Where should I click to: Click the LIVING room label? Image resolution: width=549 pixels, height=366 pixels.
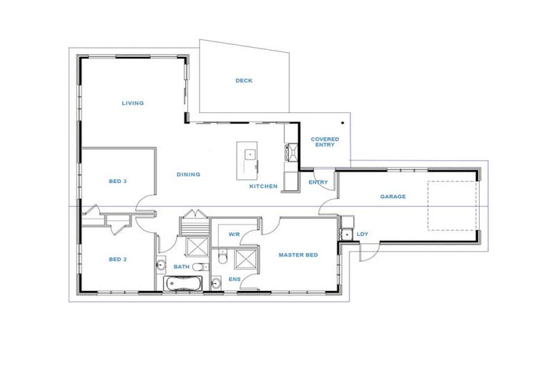(x=132, y=103)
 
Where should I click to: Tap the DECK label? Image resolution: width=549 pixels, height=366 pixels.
(x=244, y=81)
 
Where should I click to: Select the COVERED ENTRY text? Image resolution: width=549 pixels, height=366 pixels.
(x=325, y=142)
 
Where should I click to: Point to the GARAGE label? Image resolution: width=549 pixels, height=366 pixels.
(x=392, y=197)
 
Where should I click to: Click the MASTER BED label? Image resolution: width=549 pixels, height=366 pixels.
(x=297, y=255)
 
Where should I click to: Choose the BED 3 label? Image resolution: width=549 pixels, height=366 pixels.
(x=117, y=182)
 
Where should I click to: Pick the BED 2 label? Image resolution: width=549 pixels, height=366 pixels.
(x=117, y=259)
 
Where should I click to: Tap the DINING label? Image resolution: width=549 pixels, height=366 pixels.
(x=189, y=174)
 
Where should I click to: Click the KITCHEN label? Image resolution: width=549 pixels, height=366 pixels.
(x=263, y=187)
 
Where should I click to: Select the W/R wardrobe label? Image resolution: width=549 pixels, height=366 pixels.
(x=234, y=234)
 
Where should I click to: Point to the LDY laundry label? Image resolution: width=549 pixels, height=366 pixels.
(x=362, y=234)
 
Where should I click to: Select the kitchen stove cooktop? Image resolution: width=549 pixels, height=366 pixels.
(x=290, y=151)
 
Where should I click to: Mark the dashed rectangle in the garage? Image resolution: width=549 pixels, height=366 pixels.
(x=452, y=205)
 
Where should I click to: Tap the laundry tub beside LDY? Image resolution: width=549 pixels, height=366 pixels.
(x=345, y=234)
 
